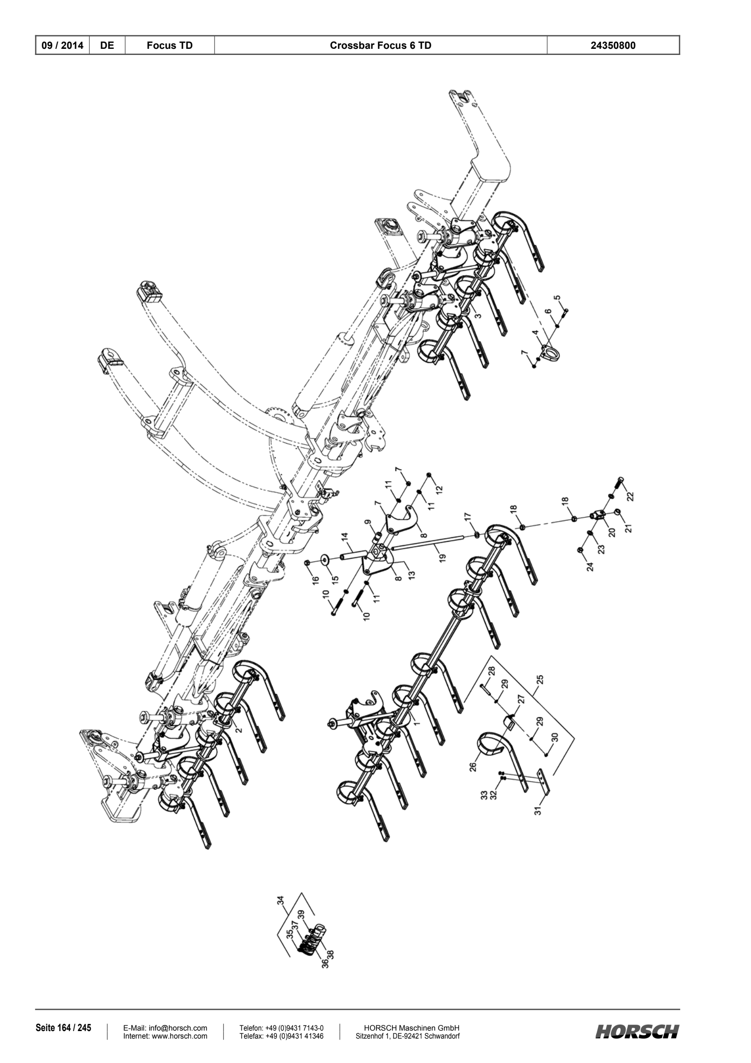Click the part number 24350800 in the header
coord(613,46)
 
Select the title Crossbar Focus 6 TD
coord(381,46)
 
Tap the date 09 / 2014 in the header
coord(62,46)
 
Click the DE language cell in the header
coord(107,46)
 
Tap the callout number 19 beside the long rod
coord(443,557)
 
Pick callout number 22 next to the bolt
coord(630,496)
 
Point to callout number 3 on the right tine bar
coord(477,316)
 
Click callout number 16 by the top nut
coord(316,579)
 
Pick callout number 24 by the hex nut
coord(590,566)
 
